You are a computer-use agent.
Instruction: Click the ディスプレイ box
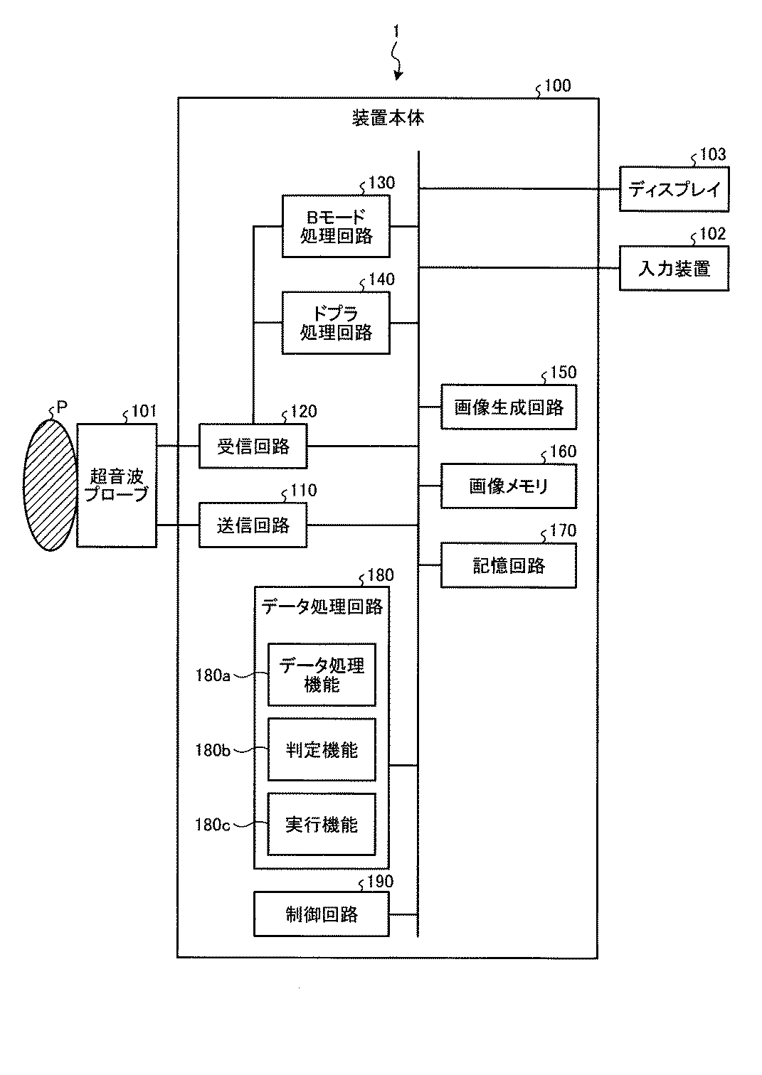click(674, 189)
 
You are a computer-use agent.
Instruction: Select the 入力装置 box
click(674, 268)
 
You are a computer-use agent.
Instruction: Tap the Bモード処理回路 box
click(336, 226)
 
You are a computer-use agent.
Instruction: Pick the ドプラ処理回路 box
click(336, 323)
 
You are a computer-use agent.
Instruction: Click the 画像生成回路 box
click(509, 407)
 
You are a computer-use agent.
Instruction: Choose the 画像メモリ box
click(509, 486)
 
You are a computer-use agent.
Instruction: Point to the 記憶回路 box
click(509, 565)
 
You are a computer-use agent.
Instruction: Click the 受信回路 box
click(253, 446)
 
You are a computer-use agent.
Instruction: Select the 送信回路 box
click(253, 525)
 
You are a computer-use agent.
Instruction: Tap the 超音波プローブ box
click(117, 485)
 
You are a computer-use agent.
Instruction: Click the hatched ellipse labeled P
click(50, 485)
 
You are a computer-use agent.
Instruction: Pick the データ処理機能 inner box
click(322, 674)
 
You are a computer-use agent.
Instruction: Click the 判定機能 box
click(322, 749)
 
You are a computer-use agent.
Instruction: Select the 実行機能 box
click(322, 824)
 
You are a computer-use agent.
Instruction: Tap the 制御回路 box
click(321, 914)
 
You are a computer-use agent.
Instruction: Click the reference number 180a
click(213, 675)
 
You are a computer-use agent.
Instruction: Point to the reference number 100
click(558, 85)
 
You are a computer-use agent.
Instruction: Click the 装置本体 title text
click(388, 118)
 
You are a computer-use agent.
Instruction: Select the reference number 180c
click(213, 825)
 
